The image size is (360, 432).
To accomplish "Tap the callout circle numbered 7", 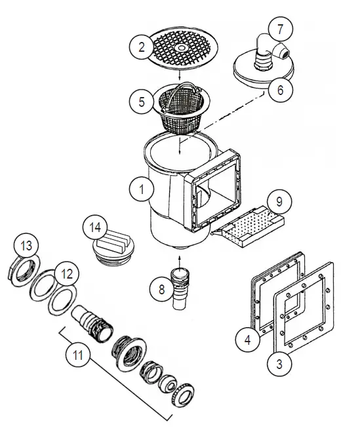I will pyautogui.click(x=280, y=29).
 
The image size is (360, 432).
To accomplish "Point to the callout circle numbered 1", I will pyautogui.click(x=141, y=190).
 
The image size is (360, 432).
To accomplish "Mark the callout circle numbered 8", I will pyautogui.click(x=158, y=290).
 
